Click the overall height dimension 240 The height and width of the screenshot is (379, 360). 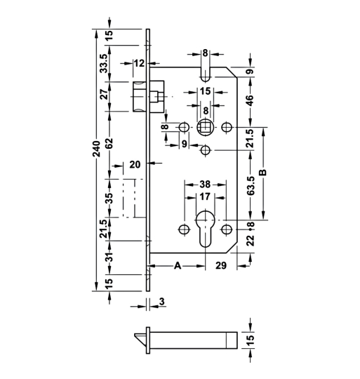tap(97, 161)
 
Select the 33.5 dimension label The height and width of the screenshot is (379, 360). tap(104, 63)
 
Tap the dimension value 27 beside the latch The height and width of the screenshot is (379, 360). tap(104, 95)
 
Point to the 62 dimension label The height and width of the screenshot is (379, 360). tap(104, 141)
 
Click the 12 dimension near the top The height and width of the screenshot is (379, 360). tap(138, 63)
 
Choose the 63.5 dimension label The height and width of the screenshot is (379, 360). tap(251, 188)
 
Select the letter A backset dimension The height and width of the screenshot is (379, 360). tap(178, 267)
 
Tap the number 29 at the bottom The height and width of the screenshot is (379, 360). tap(220, 267)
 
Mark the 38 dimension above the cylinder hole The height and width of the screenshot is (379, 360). tap(205, 180)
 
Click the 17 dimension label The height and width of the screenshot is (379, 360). tap(205, 197)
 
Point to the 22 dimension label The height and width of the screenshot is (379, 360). tap(251, 240)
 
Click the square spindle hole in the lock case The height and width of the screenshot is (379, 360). tap(205, 128)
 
